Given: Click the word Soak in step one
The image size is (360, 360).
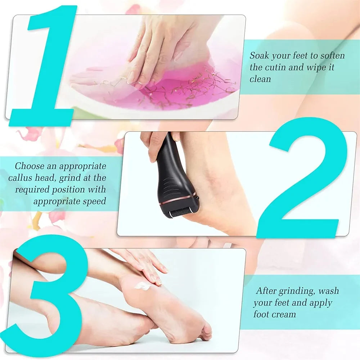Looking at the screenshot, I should [x=259, y=56].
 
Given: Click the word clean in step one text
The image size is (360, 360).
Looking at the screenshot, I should [x=260, y=79].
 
